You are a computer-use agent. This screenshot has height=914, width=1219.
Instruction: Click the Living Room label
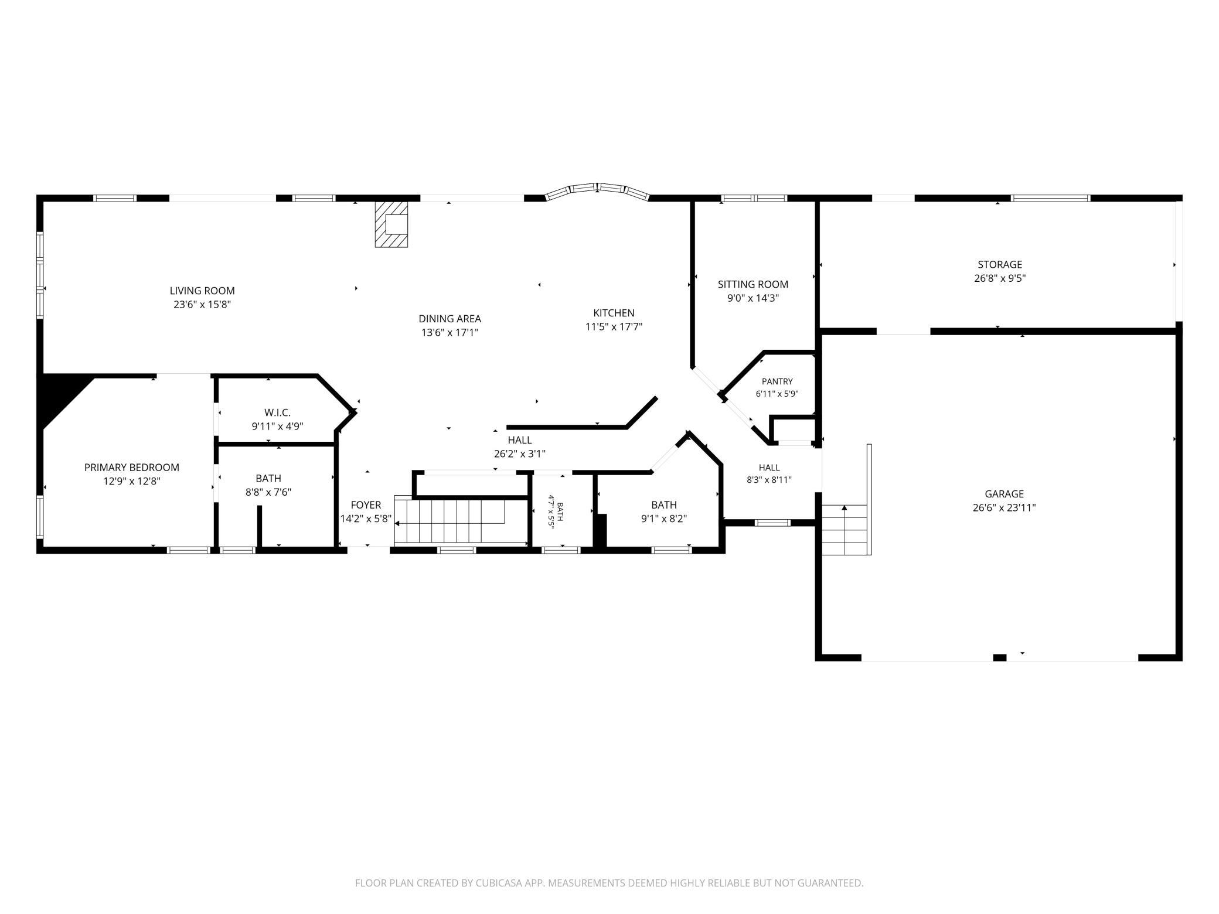coord(202,291)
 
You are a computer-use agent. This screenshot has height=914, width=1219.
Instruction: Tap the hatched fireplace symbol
coord(391,224)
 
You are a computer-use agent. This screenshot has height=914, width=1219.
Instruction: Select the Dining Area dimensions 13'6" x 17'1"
coord(450,333)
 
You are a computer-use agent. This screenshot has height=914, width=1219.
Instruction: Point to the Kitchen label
coord(614,313)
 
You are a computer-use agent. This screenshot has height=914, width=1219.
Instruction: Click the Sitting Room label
coord(753,284)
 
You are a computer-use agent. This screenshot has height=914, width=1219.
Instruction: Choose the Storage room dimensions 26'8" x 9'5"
coord(1000,278)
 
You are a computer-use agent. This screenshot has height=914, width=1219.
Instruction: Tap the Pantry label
coord(777,381)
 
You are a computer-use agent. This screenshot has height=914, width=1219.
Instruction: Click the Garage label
coord(1004,494)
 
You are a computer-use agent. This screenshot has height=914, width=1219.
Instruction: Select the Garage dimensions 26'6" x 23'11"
coord(1004,508)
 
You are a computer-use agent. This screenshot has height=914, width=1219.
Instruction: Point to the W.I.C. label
coord(277,412)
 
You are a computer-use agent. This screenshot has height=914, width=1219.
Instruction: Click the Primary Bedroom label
coord(132,468)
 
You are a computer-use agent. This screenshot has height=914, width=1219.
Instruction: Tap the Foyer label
coord(366,505)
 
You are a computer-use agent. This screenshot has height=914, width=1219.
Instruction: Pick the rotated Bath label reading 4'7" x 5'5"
coord(556,512)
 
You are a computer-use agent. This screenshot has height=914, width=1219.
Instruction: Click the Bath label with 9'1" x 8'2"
coord(664,505)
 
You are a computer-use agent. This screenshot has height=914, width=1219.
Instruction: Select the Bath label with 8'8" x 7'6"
coord(268,479)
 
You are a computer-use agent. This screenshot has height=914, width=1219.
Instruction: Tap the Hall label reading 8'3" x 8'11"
coord(769,468)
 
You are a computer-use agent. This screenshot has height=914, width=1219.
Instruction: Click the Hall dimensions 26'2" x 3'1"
coord(520,453)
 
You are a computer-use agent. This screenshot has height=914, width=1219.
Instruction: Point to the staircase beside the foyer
coord(461,520)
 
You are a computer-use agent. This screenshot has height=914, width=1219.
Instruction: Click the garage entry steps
coord(845,530)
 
